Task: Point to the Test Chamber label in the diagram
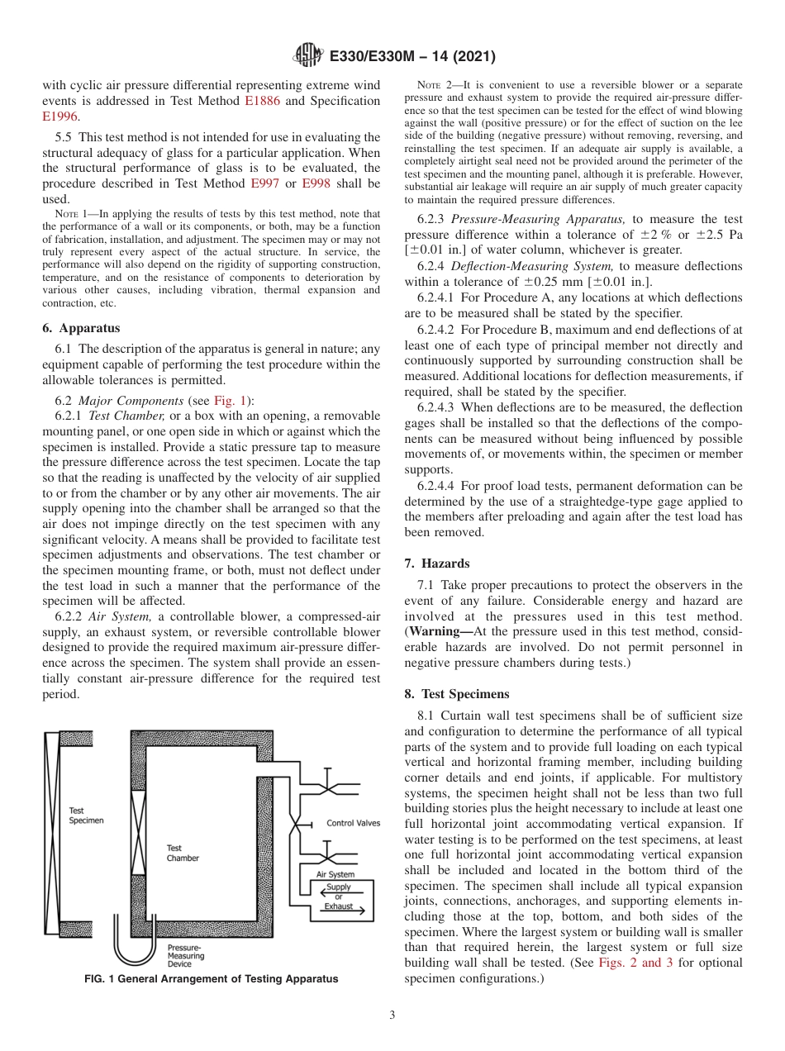coord(183,853)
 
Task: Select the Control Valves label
coord(353,823)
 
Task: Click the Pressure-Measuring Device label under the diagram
coord(186,956)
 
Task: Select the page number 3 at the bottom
coord(392,1015)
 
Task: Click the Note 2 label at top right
coord(434,85)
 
